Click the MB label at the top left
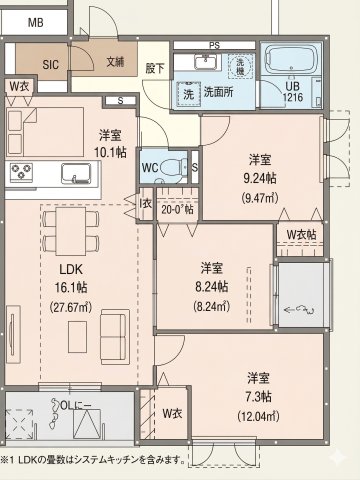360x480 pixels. click(35, 21)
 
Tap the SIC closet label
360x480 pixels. click(49, 62)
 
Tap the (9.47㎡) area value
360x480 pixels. click(261, 196)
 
